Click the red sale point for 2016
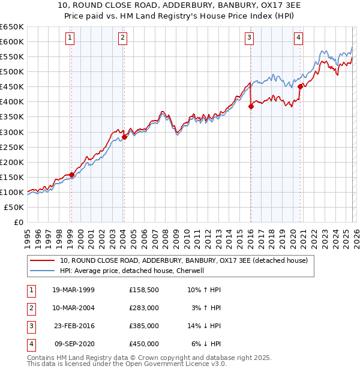pos(251,106)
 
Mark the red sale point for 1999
pos(71,175)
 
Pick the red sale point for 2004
pos(124,137)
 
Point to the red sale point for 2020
pos(300,86)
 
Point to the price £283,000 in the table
pos(144,307)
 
